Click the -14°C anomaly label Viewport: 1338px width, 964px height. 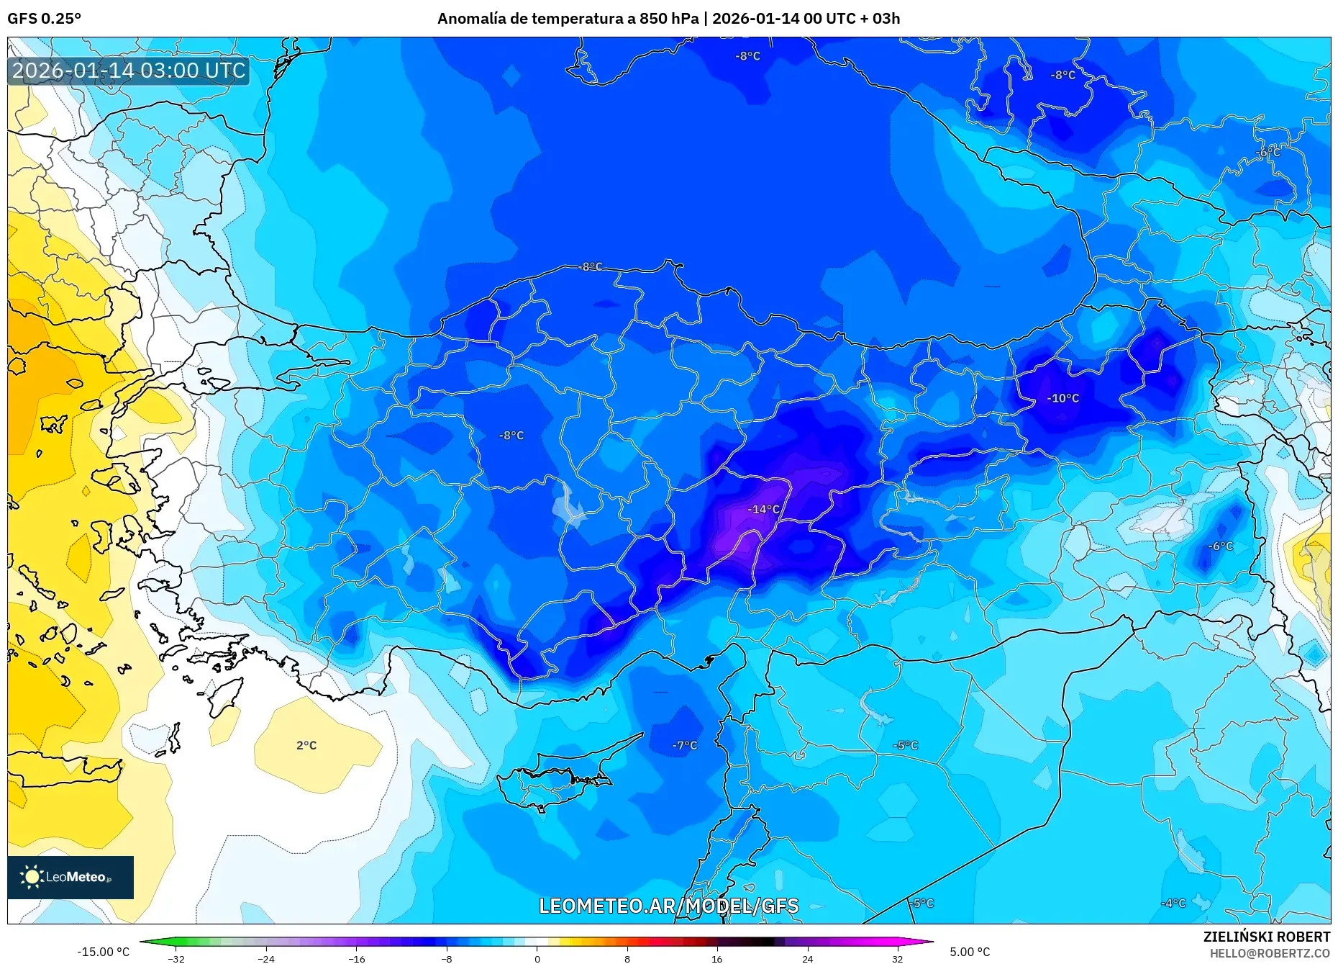(763, 509)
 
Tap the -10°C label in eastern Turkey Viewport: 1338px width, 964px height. (1062, 398)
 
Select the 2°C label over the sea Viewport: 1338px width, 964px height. (306, 745)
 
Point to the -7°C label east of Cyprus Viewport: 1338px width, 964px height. (685, 745)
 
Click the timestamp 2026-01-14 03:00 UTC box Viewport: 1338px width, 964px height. (129, 71)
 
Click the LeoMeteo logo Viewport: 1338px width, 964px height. (70, 877)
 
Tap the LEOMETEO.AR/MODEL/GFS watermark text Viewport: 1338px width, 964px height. (668, 906)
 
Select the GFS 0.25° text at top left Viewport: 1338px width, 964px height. (44, 19)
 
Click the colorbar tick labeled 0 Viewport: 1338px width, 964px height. (537, 958)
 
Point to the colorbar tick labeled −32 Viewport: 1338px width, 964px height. (176, 958)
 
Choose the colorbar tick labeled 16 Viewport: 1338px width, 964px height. (716, 958)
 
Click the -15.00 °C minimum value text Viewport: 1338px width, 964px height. (103, 952)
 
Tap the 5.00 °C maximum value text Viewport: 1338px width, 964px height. (969, 952)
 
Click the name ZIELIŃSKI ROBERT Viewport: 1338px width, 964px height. (1266, 937)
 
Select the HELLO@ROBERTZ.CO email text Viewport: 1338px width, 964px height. (1269, 953)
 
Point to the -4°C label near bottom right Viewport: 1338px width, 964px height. (1173, 903)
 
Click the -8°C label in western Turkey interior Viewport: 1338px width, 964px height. (511, 436)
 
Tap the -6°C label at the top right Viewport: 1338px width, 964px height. (1268, 153)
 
